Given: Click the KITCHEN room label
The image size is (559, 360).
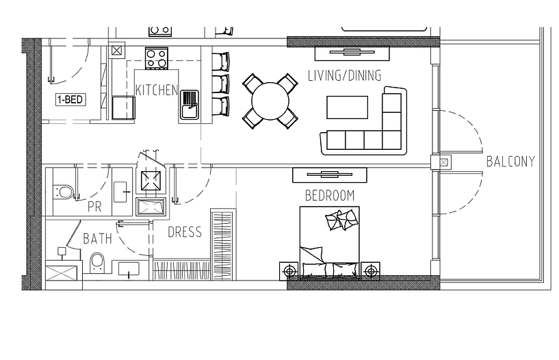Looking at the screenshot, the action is tap(157, 90).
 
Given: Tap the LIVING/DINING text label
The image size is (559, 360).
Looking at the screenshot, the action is tap(344, 75).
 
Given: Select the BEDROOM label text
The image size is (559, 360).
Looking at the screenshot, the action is tap(330, 196).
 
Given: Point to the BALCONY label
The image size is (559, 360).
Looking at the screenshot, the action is tap(510, 162).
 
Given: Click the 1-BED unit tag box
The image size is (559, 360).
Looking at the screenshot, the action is tap(70, 99).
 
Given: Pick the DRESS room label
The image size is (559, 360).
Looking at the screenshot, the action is tap(185, 232).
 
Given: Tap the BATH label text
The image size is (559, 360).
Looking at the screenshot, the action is tap(97, 238).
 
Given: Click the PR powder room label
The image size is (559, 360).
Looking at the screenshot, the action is tap(94, 207).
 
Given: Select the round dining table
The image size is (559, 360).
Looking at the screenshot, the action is tap(270, 101).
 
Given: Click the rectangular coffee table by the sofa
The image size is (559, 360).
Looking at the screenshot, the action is tap(347, 107).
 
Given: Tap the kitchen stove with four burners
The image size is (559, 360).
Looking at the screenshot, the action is tap(157, 58).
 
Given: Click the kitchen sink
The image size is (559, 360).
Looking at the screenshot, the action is tap(189, 105).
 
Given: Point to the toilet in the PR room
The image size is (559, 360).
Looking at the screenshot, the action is tap(64, 192).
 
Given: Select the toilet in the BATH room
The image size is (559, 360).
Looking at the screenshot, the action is tap(97, 262).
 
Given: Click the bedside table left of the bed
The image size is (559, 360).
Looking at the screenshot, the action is tap(289, 272).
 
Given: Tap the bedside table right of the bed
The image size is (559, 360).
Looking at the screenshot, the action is tap(370, 271).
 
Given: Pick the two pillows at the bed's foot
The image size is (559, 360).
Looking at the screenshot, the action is tap(341, 220).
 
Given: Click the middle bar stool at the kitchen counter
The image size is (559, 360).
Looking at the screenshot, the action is tap(220, 84).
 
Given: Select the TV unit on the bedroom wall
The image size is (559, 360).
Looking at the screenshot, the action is tap(329, 175).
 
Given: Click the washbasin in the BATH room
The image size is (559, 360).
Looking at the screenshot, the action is tap(129, 268).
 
